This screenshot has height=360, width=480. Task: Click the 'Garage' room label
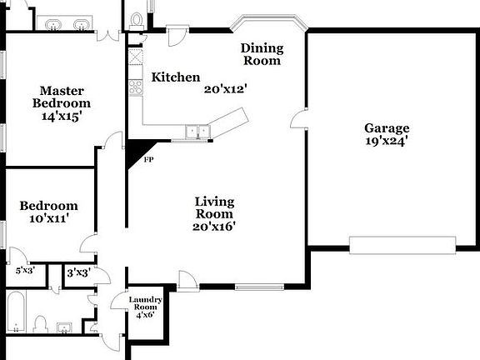[x=387, y=128]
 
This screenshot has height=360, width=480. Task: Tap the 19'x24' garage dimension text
[x=387, y=142]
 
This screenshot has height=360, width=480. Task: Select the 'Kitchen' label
[x=176, y=77]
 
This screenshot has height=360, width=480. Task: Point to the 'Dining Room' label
[x=261, y=54]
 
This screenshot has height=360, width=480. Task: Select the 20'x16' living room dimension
[x=214, y=226]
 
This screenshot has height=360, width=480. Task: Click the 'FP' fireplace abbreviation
[x=148, y=159]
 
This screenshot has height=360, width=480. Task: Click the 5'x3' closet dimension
[x=26, y=271]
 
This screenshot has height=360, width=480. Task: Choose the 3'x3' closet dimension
[x=77, y=272]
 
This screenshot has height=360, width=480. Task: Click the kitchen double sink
[x=197, y=130]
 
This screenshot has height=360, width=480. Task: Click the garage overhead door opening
[x=402, y=244]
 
